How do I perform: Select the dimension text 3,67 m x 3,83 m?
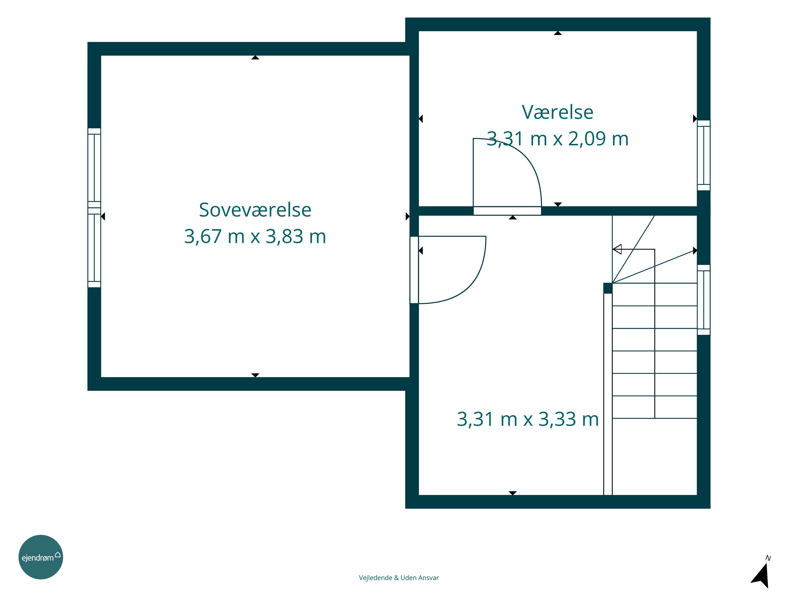255,237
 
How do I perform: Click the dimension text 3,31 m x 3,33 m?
528,419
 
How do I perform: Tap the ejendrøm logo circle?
41,557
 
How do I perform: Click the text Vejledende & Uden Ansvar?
399,578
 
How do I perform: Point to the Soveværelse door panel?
414,269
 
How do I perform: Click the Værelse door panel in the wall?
507,211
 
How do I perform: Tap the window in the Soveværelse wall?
94,208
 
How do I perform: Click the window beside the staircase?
704,300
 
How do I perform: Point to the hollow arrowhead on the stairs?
617,249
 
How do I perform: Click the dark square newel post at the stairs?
608,288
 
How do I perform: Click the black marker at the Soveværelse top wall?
255,57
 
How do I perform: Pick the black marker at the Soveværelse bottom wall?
255,375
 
